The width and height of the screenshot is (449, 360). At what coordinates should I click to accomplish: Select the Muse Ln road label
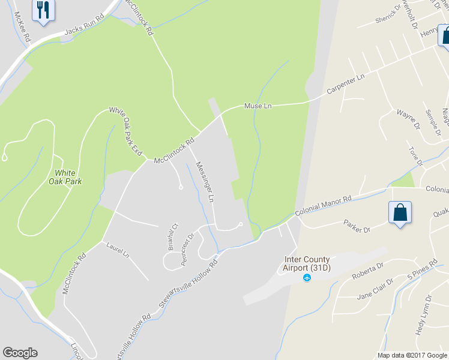(x=258, y=106)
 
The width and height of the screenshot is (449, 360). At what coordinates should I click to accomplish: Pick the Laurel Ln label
(x=118, y=250)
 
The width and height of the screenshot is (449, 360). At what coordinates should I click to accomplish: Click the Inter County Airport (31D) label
(x=307, y=264)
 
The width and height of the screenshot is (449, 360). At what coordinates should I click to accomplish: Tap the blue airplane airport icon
(x=307, y=277)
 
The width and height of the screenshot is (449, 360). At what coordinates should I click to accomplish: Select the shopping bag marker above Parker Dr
(x=400, y=213)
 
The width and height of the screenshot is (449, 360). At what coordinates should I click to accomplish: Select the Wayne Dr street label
(x=406, y=118)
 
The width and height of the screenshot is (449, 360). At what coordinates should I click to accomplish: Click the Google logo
(x=20, y=353)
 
